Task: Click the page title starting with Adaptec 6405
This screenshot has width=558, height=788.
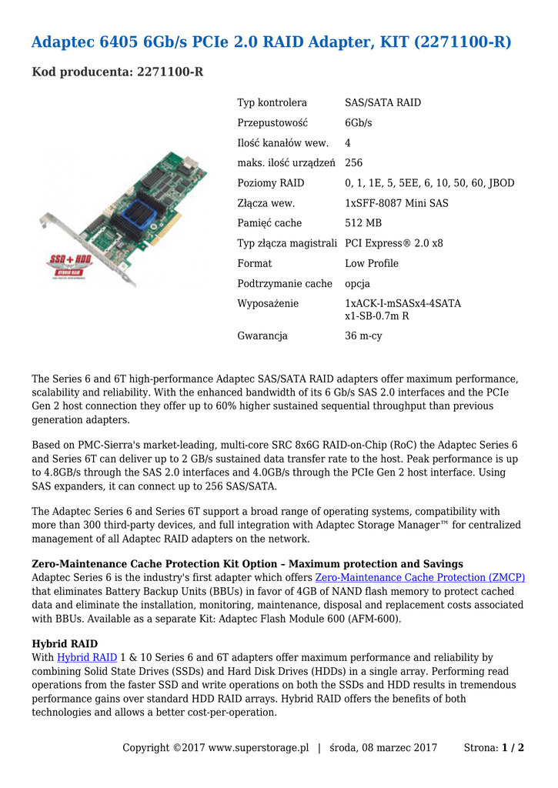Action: point(271,42)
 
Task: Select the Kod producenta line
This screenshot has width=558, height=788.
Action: point(118,72)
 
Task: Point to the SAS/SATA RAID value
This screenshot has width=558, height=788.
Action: point(383,102)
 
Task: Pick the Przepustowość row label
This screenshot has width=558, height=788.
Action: point(272,123)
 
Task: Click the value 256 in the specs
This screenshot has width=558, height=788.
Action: point(353,163)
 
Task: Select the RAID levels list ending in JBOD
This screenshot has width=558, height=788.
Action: point(429,183)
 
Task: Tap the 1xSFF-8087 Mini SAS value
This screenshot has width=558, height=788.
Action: point(396,203)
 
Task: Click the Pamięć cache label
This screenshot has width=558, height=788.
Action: point(269,223)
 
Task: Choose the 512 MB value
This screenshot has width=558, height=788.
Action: point(363,223)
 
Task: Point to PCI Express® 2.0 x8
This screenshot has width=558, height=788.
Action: point(394,243)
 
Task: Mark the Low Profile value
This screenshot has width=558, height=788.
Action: point(372,263)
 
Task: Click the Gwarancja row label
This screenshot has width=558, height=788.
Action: point(262,336)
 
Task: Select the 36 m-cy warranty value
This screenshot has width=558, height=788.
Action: point(363,336)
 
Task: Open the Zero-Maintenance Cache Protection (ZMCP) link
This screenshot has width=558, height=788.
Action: point(420,577)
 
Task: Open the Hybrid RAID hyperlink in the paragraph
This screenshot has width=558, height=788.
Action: point(87,657)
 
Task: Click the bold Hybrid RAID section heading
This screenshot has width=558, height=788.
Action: point(65,643)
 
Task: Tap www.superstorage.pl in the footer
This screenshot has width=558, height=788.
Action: point(258,747)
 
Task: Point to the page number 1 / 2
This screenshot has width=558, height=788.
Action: point(513,747)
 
